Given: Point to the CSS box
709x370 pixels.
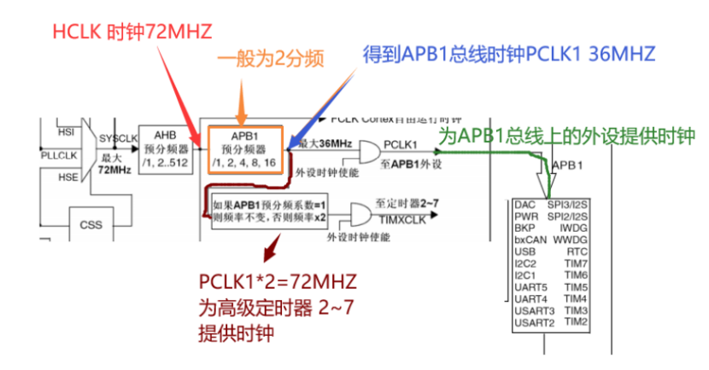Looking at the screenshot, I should [91, 225].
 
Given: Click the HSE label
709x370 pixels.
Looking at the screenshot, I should [66, 178].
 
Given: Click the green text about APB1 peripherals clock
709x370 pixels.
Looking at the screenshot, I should [567, 136].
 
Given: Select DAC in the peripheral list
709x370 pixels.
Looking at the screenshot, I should [525, 205].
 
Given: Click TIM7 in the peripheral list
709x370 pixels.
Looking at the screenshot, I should [576, 263].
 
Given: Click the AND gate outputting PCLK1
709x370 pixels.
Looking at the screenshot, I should [369, 152].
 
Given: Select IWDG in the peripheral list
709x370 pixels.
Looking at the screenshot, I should [574, 228].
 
